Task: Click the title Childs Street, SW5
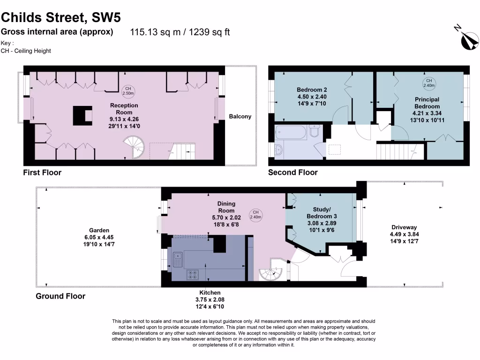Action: [x=60, y=17]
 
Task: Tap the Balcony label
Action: [x=240, y=116]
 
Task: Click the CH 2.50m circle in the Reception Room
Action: [x=127, y=91]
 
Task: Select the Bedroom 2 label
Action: [x=312, y=90]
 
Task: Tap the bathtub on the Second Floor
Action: [x=290, y=133]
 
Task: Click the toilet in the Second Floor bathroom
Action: [x=315, y=133]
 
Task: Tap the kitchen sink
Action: [x=178, y=259]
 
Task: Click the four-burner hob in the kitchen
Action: [x=192, y=275]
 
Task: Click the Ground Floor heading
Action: [x=60, y=296]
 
